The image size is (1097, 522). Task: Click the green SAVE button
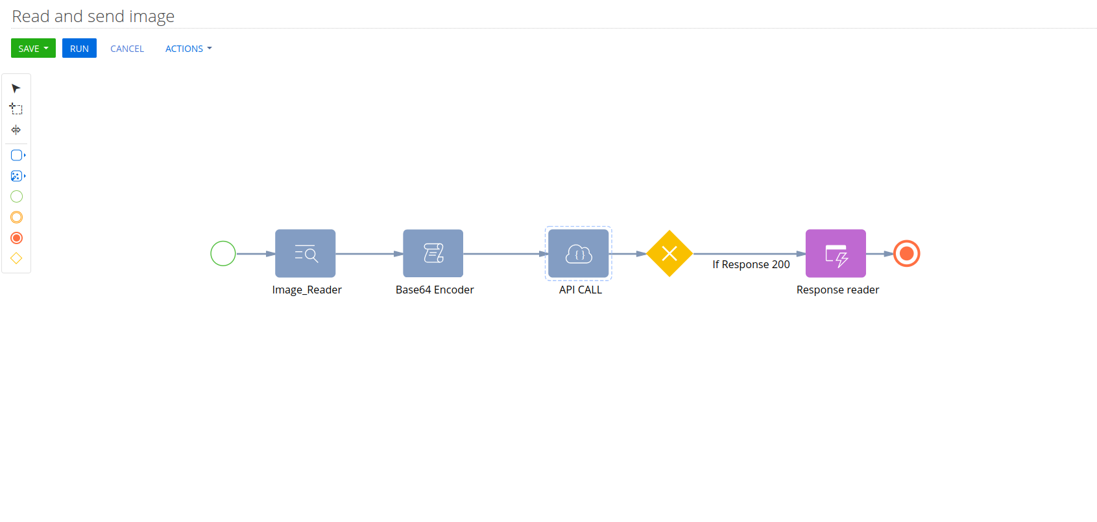point(33,48)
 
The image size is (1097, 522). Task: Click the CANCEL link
point(127,49)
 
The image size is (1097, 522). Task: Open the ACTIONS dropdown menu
point(189,49)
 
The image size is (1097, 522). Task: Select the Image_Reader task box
point(305,253)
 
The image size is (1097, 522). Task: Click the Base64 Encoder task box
point(433,253)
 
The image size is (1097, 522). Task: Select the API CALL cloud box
point(579,253)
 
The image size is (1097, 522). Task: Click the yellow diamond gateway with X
point(669,253)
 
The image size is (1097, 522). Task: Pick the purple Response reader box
point(836,253)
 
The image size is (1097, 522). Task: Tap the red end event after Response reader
point(906,253)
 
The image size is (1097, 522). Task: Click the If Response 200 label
point(751,265)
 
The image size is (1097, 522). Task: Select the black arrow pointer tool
point(16,88)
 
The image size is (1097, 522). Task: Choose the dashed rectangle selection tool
point(16,109)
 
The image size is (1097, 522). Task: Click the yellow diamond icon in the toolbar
point(16,258)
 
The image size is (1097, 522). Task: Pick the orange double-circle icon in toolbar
point(16,217)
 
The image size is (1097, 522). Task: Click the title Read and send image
point(93,16)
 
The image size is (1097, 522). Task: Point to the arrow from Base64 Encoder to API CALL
point(506,254)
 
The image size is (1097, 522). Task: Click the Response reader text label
point(838,290)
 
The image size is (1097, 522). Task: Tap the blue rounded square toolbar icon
point(17,155)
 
